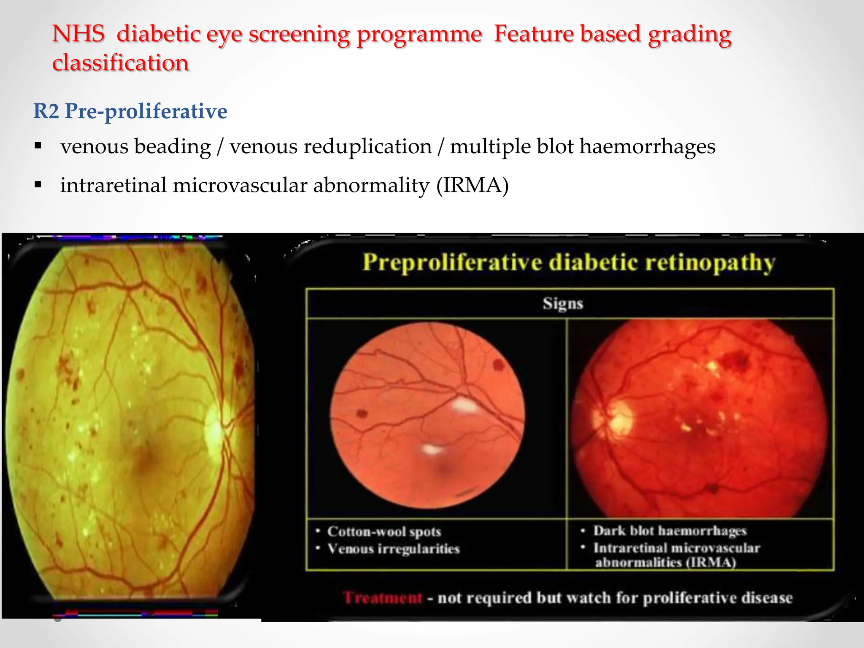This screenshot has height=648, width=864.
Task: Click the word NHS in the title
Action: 78,34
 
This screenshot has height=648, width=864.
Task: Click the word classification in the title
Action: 120,63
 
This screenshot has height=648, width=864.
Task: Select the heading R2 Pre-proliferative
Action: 130,111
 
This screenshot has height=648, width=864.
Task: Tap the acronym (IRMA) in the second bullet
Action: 472,186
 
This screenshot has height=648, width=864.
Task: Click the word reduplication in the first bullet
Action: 367,147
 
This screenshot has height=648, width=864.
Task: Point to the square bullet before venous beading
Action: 38,146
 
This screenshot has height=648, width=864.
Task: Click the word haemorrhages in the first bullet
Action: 647,147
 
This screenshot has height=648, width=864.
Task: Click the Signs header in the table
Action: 563,304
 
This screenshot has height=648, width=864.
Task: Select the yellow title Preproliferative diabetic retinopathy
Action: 569,262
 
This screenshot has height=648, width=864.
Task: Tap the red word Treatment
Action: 382,598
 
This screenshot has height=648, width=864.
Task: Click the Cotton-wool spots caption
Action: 384,532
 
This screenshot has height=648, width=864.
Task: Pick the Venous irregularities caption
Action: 393,549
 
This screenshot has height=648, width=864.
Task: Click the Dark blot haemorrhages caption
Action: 670,531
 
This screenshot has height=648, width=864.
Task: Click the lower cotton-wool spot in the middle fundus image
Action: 432,449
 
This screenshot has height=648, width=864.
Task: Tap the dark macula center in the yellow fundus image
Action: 146,456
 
